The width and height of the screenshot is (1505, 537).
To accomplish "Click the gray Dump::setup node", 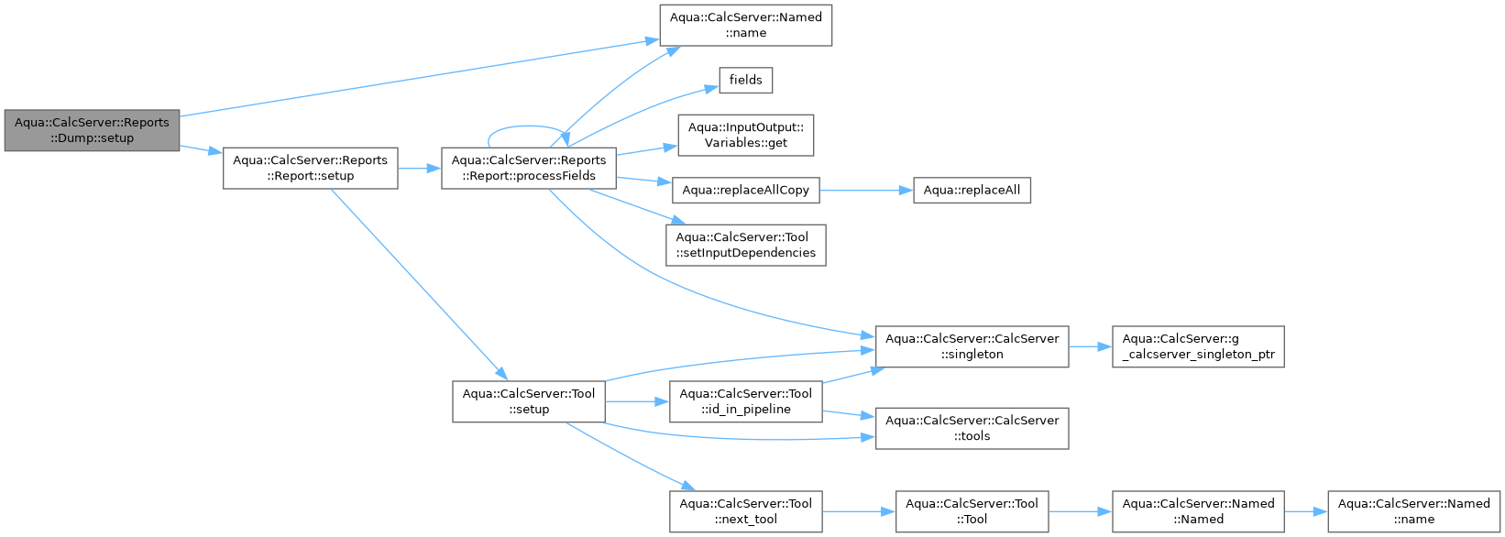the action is tap(92, 130).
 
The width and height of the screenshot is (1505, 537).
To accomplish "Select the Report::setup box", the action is tap(311, 168).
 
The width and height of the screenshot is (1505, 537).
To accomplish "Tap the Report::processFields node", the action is tap(529, 168).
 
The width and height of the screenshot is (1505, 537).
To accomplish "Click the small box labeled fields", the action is tap(746, 80).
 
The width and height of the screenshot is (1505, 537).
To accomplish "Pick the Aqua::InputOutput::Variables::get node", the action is tap(746, 135).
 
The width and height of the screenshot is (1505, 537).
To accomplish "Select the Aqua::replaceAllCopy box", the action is tap(746, 191).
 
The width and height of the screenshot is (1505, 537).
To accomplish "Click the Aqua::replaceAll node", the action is tap(972, 191).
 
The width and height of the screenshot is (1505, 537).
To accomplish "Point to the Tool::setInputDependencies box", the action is tap(746, 246).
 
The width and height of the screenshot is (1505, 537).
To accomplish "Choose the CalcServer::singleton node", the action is tap(972, 346).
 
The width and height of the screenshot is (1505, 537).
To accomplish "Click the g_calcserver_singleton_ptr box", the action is tap(1198, 346).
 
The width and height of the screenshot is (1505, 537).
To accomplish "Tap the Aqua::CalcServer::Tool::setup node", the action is tap(529, 402).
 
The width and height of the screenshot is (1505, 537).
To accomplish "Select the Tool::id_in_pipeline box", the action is tap(746, 402).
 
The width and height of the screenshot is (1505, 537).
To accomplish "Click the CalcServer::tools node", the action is tap(972, 428).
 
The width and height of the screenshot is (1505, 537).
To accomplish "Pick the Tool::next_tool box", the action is tap(746, 511).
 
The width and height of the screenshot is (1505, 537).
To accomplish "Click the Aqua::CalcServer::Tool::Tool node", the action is tap(972, 511).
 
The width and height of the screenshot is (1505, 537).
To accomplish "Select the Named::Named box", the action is tap(1198, 511).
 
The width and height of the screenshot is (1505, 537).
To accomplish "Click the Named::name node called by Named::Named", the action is tap(1413, 511).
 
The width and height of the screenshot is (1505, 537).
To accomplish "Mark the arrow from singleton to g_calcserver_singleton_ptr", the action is tap(1091, 346).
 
